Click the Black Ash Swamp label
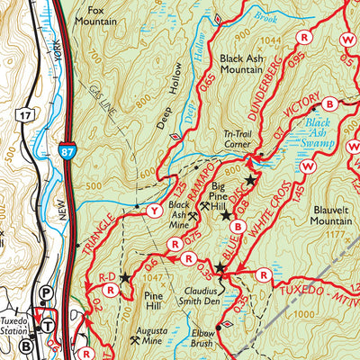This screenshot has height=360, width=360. (322, 130)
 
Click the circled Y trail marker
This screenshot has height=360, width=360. (153, 212)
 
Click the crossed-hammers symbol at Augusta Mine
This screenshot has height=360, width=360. (135, 342)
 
